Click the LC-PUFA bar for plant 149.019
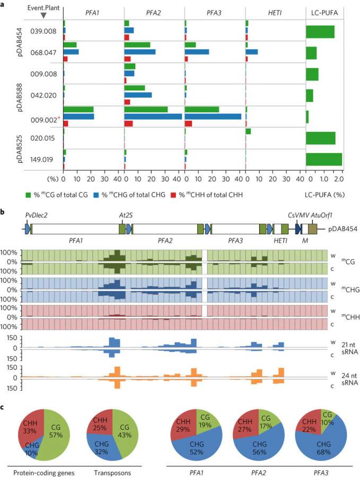323,159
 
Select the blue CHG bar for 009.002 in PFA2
153,116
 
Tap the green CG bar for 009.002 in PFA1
78,109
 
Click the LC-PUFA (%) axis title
324,195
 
